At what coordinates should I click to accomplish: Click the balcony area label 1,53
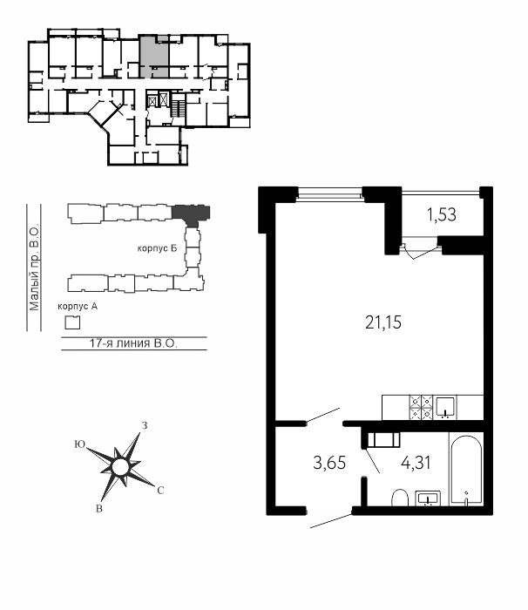[x=442, y=214]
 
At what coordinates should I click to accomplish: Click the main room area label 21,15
[x=383, y=322]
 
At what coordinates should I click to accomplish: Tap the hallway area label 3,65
[x=329, y=463]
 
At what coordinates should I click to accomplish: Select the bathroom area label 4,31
[x=416, y=463]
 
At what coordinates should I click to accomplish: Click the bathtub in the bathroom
[x=466, y=471]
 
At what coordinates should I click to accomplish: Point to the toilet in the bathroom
[x=399, y=498]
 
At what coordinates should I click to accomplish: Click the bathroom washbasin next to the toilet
[x=428, y=498]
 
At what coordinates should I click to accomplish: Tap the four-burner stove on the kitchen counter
[x=421, y=407]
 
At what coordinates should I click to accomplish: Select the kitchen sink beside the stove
[x=446, y=407]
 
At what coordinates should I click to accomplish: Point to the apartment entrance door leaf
[x=331, y=522]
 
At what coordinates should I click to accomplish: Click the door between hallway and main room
[x=323, y=416]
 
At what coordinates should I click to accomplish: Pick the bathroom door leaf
[x=373, y=461]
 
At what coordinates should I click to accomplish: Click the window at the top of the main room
[x=330, y=193]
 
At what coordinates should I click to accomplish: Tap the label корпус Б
[x=157, y=248]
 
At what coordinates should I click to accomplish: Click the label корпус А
[x=78, y=307]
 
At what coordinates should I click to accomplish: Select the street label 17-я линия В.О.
[x=133, y=343]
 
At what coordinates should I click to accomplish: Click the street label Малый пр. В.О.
[x=35, y=268]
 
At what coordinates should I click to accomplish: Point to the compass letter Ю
[x=80, y=444]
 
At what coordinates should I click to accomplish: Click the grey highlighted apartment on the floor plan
[x=154, y=58]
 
